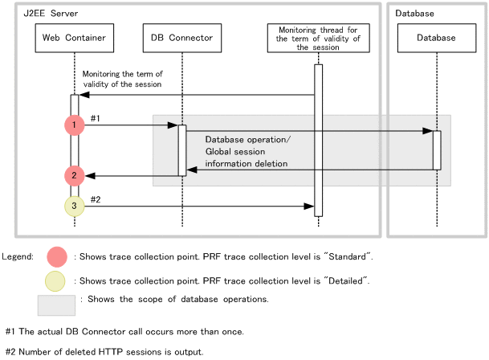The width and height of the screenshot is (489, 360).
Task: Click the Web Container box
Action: (x=74, y=38)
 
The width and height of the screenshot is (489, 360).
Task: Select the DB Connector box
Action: (x=181, y=38)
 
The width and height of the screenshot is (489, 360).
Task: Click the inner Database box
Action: (x=436, y=38)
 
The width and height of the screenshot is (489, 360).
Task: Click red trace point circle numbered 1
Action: (x=74, y=125)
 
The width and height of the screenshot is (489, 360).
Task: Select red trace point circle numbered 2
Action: (x=74, y=175)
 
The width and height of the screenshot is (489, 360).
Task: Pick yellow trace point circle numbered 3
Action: (x=74, y=207)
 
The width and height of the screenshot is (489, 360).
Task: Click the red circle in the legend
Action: (x=57, y=256)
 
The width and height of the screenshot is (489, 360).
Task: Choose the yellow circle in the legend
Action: (x=57, y=281)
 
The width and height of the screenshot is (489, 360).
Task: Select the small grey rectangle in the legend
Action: (x=56, y=305)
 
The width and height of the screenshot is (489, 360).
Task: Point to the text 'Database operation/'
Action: (x=248, y=139)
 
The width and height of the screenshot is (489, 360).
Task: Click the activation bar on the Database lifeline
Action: (x=437, y=149)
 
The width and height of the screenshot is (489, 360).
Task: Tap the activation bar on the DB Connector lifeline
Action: (x=182, y=149)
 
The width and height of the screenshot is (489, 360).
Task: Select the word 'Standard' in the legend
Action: (x=348, y=256)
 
